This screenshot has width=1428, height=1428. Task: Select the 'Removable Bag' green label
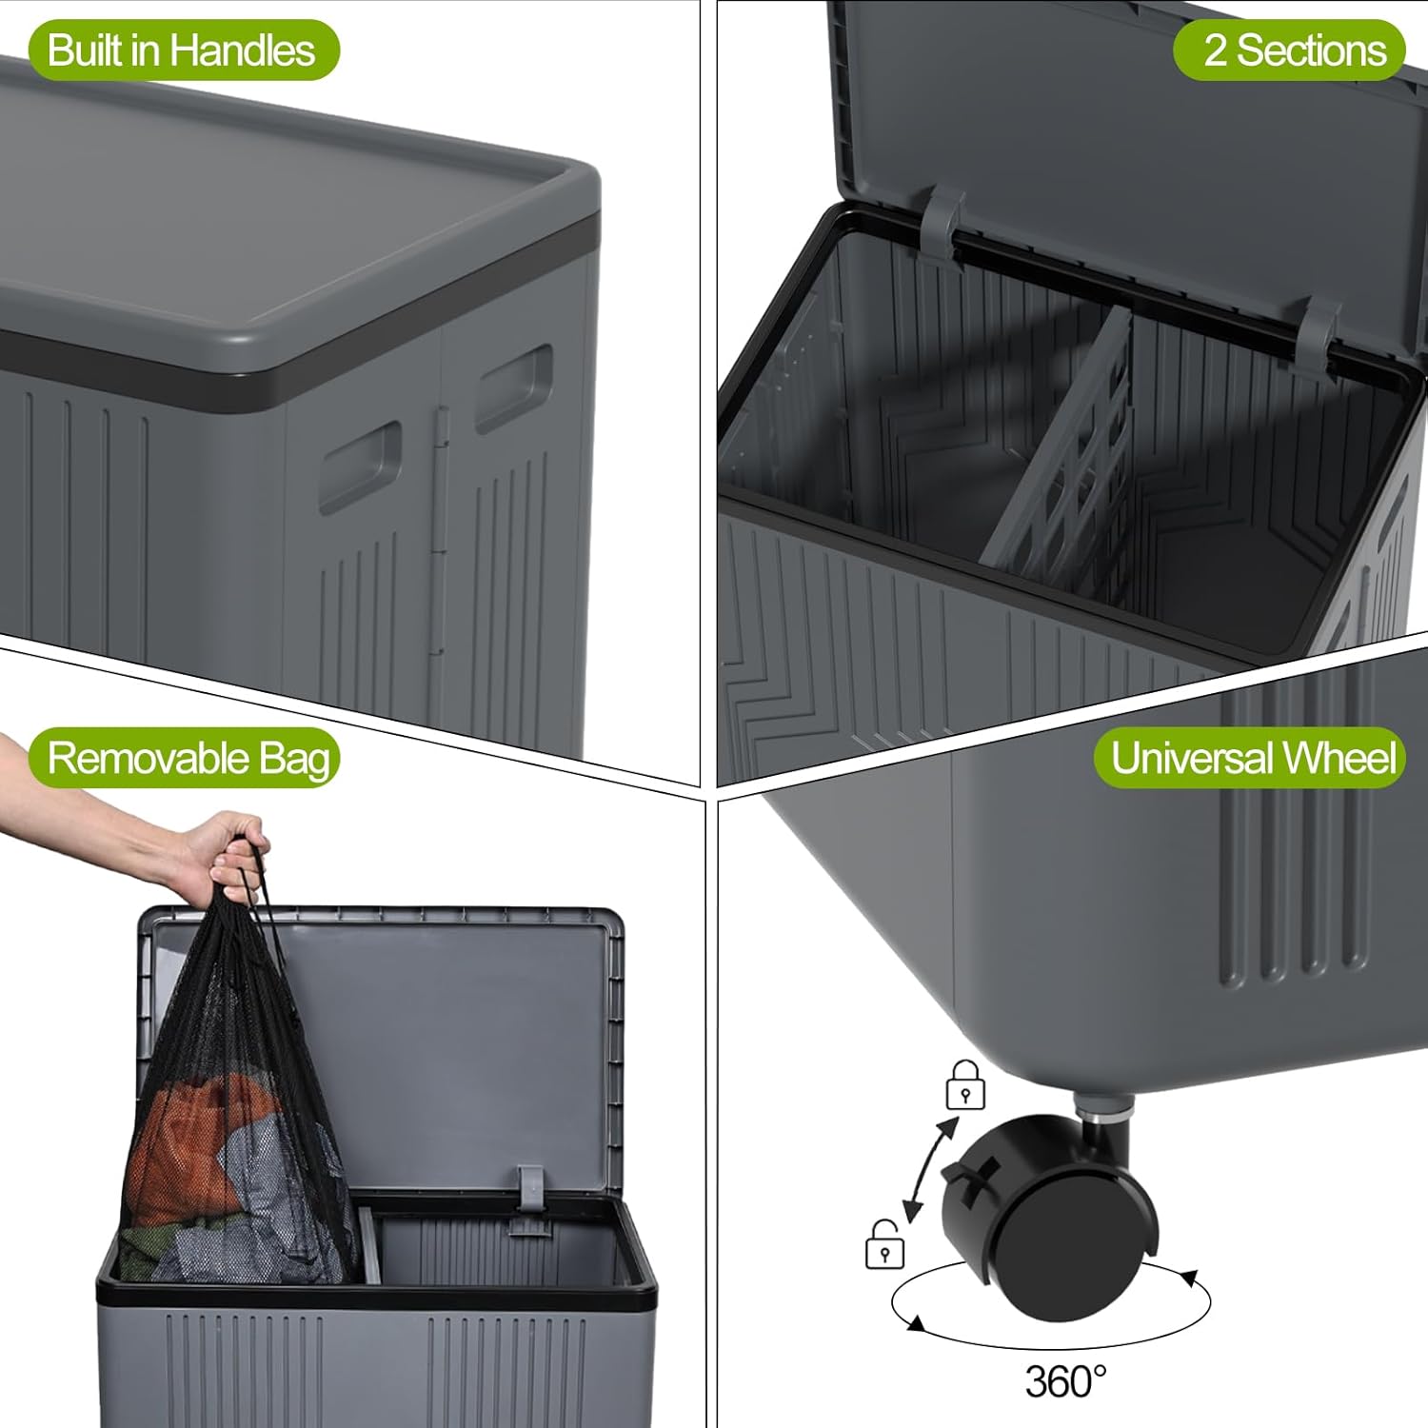click(x=187, y=759)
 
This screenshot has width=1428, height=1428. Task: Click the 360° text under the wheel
click(x=1065, y=1381)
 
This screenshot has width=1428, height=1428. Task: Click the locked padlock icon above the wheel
click(x=964, y=1086)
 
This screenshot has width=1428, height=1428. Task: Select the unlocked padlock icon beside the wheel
click(x=884, y=1245)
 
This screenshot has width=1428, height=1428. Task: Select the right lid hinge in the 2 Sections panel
click(x=1318, y=333)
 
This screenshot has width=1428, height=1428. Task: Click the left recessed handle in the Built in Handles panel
click(x=360, y=466)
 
